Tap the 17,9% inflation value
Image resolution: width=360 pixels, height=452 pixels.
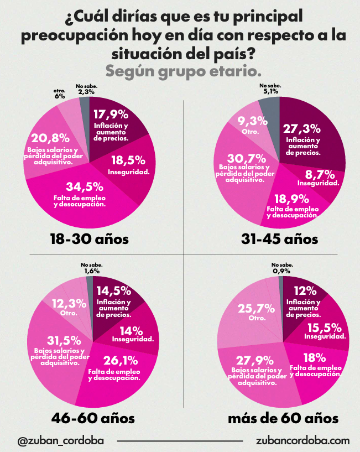pos(111,115)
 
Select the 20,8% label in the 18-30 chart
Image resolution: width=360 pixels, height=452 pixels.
pos(50,138)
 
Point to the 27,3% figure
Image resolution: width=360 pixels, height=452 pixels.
pos(302,129)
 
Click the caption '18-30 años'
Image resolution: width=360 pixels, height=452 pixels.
pos(88,239)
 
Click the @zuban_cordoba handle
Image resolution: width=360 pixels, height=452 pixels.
pos(60,440)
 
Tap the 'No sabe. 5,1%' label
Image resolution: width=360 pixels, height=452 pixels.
pos(270,90)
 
